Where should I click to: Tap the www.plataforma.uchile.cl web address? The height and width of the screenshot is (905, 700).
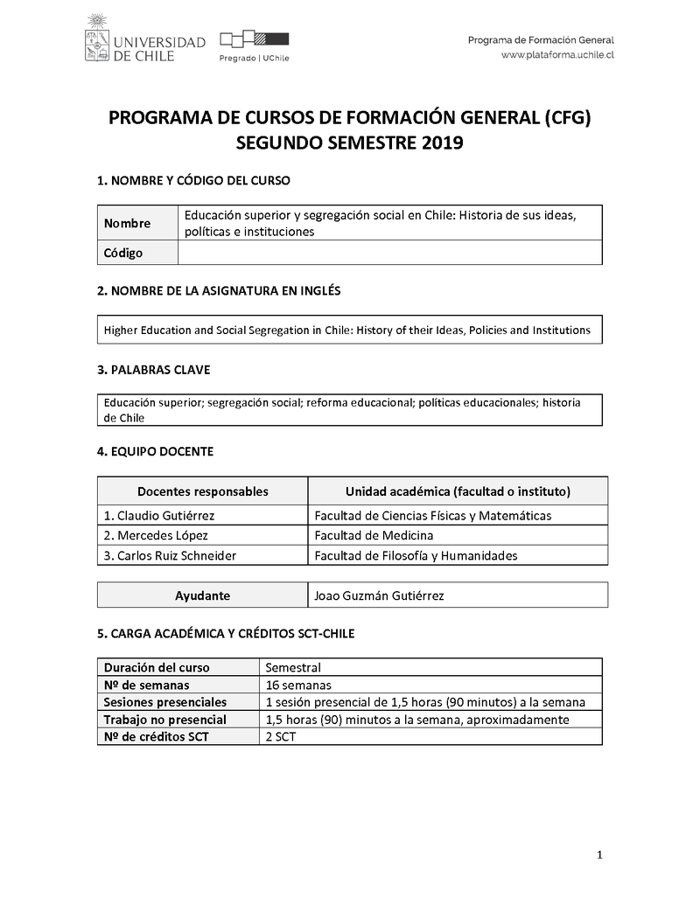(x=557, y=54)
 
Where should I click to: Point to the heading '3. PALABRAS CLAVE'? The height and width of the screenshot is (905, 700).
(x=153, y=370)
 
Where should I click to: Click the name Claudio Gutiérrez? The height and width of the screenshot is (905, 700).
(x=159, y=516)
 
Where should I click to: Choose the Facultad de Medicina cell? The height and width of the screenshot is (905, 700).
(x=374, y=535)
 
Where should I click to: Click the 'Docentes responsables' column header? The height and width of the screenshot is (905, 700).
(x=202, y=491)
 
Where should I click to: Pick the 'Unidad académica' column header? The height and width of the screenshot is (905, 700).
(x=458, y=491)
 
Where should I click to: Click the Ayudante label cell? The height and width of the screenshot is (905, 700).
(x=202, y=595)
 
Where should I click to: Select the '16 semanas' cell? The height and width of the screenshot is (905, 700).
(x=297, y=685)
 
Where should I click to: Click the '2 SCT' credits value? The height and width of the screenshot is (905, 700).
(x=281, y=736)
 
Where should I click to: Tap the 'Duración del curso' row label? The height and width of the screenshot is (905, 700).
(x=157, y=667)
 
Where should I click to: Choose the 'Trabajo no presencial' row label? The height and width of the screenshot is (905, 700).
(x=164, y=720)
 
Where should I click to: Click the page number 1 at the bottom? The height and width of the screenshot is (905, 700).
(x=599, y=854)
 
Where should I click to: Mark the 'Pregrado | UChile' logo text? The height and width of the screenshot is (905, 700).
(x=254, y=58)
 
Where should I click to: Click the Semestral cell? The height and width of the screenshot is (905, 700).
(x=293, y=667)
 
